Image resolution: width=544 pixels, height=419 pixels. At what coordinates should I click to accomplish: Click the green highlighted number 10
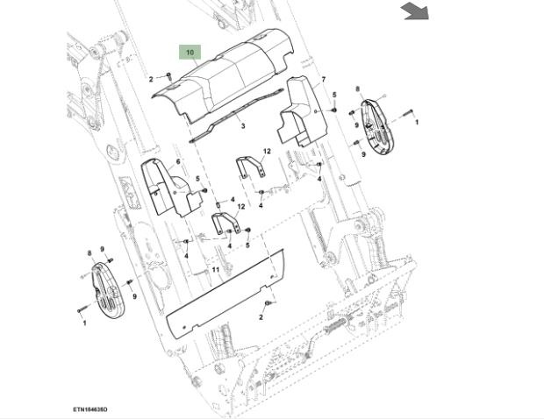point(190,53)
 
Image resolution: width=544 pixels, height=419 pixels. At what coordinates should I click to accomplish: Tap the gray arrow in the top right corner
point(415,11)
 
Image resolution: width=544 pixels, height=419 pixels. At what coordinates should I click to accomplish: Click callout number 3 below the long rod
point(243,126)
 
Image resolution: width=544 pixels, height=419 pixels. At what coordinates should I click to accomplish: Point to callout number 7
point(323,80)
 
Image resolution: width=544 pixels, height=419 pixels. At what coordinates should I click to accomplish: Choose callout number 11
point(215,270)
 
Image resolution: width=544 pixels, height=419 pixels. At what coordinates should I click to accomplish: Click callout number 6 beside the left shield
point(177,161)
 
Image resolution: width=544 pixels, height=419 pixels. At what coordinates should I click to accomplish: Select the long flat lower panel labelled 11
point(226,290)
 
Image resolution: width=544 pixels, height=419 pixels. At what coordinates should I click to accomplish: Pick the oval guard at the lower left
point(103,286)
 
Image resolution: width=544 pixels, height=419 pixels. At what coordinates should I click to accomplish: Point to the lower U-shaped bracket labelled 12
point(227,223)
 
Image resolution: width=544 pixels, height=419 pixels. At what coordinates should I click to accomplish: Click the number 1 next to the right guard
point(416,122)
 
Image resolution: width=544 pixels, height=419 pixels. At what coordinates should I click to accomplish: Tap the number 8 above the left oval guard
point(89,252)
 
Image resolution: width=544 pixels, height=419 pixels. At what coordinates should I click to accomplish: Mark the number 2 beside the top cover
point(151,80)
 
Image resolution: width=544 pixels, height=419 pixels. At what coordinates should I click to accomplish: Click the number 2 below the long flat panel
point(261,318)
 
